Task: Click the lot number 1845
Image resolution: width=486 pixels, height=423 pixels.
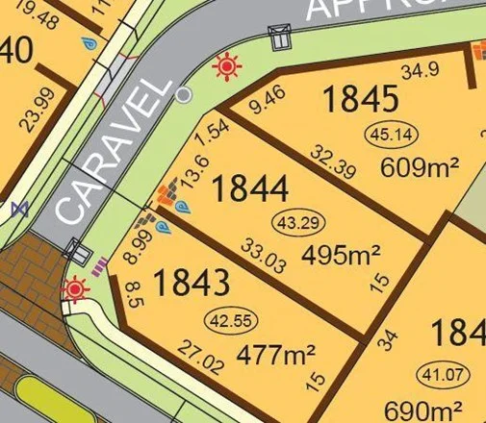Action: click(x=360, y=99)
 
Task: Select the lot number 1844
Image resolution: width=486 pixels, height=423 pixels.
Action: click(x=249, y=188)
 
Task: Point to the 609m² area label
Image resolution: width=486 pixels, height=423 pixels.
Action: click(x=419, y=167)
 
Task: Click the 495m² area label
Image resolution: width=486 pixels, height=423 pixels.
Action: click(x=341, y=255)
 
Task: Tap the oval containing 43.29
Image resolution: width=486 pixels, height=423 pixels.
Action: click(x=297, y=223)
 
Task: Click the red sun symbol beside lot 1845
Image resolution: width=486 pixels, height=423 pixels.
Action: click(x=228, y=66)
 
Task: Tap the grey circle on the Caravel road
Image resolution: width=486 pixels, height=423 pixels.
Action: click(x=183, y=94)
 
